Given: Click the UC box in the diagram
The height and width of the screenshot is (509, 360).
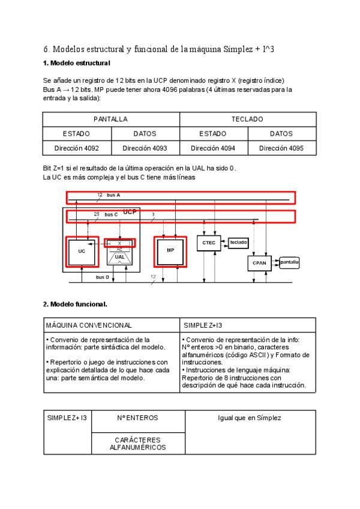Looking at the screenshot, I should click(82, 252).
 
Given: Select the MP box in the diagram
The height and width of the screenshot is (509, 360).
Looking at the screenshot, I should click(170, 252).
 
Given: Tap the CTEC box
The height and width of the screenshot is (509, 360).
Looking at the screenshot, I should click(209, 242).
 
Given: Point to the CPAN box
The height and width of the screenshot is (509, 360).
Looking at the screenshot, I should click(259, 263).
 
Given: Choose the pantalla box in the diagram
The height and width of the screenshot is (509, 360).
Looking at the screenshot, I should click(289, 262).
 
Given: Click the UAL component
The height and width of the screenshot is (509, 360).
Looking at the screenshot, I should click(120, 256).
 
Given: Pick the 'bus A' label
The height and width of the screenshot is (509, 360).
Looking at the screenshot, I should click(113, 195).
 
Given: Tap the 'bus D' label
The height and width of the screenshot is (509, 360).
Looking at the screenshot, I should click(103, 277).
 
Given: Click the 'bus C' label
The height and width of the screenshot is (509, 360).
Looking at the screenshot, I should click(110, 214).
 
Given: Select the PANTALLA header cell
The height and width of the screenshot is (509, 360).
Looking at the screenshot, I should click(111, 119).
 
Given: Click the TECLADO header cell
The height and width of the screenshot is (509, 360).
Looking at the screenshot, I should click(247, 119).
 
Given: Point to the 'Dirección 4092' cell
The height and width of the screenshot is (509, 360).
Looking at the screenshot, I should click(77, 148).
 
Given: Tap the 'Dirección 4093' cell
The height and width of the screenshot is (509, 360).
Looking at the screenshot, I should click(145, 148).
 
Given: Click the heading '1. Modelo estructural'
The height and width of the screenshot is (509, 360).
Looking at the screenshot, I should click(76, 63).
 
